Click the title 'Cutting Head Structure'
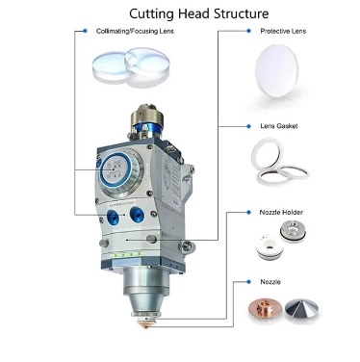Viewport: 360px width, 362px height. (x=199, y=13)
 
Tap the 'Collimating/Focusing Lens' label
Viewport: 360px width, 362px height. (x=135, y=31)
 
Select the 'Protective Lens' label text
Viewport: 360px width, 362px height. (x=283, y=31)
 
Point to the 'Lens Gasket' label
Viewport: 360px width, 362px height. (x=279, y=126)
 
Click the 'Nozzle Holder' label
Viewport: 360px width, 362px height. (x=281, y=212)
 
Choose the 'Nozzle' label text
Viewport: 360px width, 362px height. (x=270, y=282)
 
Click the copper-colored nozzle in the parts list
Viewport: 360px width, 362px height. (x=265, y=309)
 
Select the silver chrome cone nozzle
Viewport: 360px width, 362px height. (x=301, y=308)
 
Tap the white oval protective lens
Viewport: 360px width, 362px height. (x=276, y=70)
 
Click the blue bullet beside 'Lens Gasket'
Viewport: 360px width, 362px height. (x=248, y=126)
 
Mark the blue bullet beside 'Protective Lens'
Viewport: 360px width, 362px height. (x=248, y=31)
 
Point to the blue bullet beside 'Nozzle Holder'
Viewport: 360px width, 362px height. (x=248, y=212)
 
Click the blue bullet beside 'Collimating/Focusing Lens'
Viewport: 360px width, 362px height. (x=85, y=31)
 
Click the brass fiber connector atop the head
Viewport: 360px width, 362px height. (x=147, y=115)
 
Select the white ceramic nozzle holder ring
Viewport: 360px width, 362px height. (x=270, y=247)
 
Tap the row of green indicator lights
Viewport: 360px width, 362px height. (x=127, y=255)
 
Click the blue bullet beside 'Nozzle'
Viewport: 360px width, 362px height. (x=248, y=282)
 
